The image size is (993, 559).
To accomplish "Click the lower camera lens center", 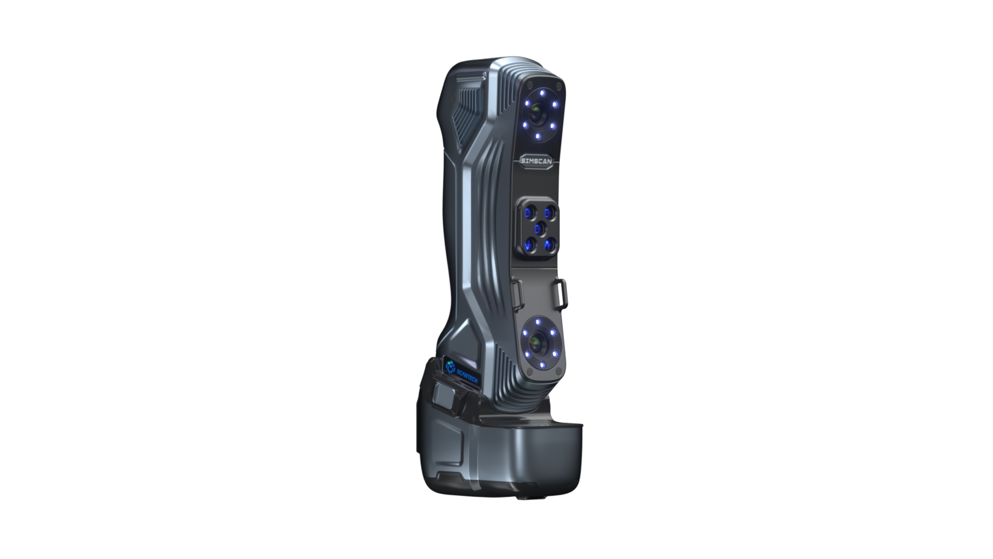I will (x=537, y=342).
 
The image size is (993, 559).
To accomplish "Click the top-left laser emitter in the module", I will (x=530, y=212).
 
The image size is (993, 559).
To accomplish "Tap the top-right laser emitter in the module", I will (x=549, y=212).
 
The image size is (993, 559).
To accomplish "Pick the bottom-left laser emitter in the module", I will (x=530, y=244).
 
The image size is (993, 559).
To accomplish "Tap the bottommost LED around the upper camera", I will (x=537, y=136).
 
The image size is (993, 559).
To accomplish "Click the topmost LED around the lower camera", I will (x=539, y=322).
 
